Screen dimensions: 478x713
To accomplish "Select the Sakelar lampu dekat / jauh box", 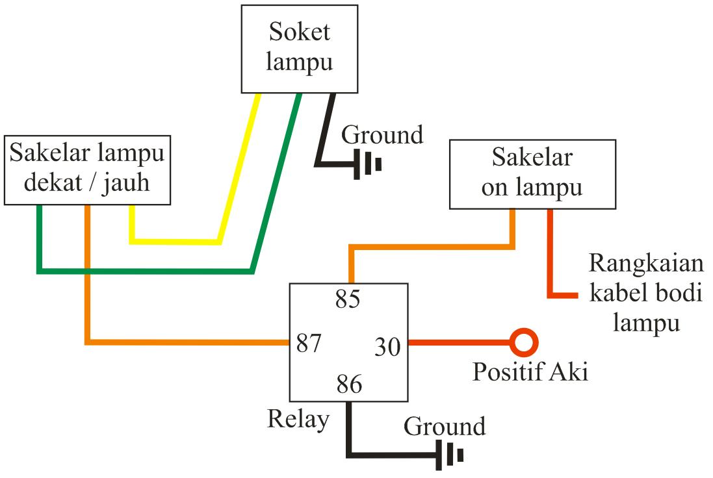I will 87,170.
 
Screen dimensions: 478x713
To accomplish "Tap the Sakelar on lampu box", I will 532,173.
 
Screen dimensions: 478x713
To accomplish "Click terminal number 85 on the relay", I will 348,300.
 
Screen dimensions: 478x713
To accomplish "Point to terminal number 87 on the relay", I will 309,342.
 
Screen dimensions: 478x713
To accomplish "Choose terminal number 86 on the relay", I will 349,385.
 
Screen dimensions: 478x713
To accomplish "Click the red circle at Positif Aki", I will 523,342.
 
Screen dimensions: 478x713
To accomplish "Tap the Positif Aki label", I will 530,372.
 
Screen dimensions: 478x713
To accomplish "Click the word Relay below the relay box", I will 298,419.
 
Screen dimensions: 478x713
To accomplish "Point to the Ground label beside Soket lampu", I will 382,135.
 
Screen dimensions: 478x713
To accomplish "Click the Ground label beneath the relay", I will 445,427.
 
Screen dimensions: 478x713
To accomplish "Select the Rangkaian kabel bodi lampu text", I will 645,294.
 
